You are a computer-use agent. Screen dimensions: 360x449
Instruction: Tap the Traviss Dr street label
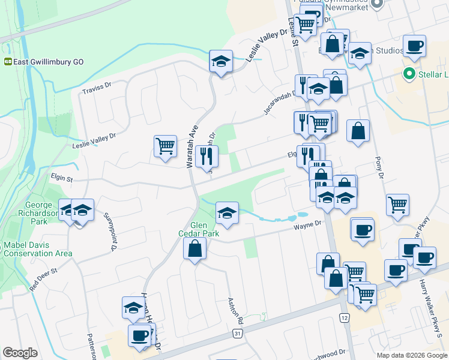point(96,88)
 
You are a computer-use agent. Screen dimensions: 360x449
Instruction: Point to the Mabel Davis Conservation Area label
point(37,249)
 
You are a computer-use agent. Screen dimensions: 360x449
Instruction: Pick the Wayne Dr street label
point(308,226)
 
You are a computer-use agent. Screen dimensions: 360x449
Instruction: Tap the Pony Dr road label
point(378,167)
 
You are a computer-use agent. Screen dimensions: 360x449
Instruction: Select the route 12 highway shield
point(343,317)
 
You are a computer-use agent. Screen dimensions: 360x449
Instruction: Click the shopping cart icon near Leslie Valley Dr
point(165,146)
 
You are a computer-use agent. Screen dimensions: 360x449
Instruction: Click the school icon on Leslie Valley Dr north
point(221,61)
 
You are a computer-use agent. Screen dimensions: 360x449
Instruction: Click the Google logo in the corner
point(20,353)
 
